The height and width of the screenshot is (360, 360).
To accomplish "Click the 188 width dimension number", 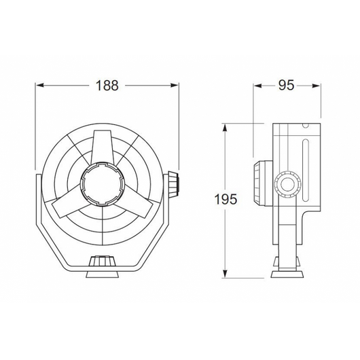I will click(107, 86).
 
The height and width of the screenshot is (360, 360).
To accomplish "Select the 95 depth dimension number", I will click(286, 86).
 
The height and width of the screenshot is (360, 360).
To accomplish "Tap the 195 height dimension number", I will click(228, 199).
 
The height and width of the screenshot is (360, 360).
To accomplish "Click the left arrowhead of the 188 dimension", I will click(39, 86).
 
